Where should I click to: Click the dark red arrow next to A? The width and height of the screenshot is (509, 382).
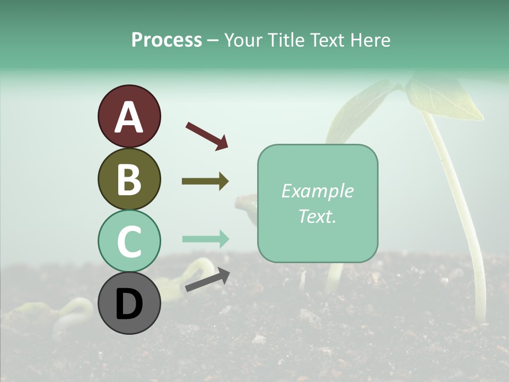[207, 135]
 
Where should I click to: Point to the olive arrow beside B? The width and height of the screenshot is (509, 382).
[205, 181]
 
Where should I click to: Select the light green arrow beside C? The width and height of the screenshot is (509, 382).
[205, 239]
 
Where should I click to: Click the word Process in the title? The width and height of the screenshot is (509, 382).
[166, 40]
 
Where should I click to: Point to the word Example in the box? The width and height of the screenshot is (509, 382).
[317, 191]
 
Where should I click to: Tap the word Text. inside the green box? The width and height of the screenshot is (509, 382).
[317, 216]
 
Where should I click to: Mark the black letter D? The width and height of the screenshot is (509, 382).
[129, 304]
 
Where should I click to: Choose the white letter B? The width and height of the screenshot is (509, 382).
[129, 179]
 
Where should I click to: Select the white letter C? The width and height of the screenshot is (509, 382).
[129, 241]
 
